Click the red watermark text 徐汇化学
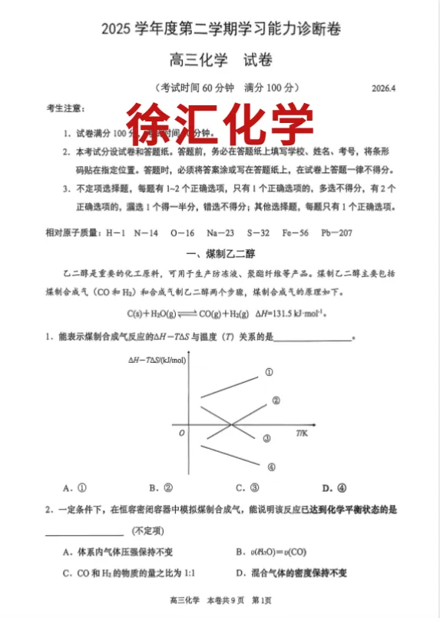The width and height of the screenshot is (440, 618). coord(220,122)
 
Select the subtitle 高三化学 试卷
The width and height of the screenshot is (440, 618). coord(220,59)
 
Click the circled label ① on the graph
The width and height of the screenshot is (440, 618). coord(270,372)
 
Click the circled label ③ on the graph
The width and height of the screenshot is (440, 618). coord(266,438)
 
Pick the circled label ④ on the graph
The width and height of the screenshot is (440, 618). coord(271,466)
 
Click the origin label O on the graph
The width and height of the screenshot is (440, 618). coord(181,434)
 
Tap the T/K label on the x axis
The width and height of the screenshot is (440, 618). coord(301,434)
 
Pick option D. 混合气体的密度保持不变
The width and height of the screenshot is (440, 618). coord(292,573)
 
